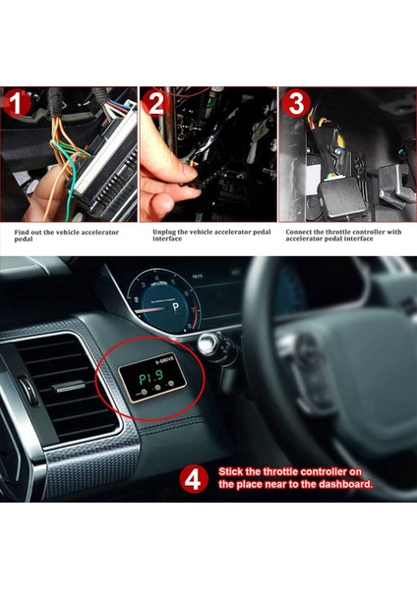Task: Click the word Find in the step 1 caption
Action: point(22,233)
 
